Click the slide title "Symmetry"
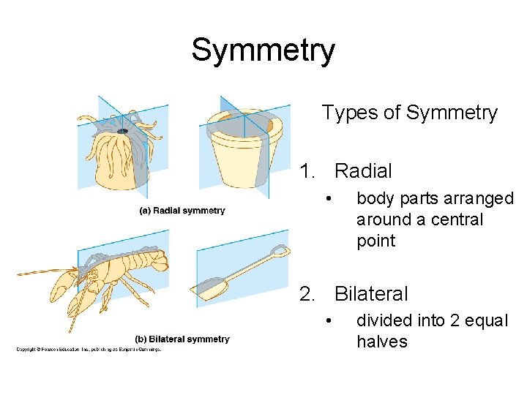pos(263,50)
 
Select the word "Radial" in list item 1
pos(363,171)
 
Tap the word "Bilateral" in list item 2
pos(371,294)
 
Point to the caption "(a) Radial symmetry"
pos(182,211)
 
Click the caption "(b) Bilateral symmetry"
pos(182,339)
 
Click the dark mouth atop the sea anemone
pos(122,132)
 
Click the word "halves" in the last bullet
pos(382,342)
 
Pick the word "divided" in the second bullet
pos(382,320)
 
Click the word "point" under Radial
pos(375,241)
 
